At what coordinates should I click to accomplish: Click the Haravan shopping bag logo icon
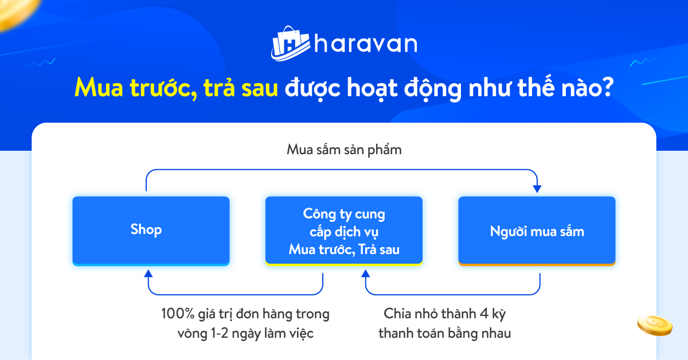pyautogui.click(x=290, y=44)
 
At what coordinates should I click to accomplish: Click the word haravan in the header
pyautogui.click(x=366, y=44)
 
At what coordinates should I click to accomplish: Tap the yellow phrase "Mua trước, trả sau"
pyautogui.click(x=177, y=88)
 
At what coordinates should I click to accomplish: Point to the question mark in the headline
pyautogui.click(x=607, y=87)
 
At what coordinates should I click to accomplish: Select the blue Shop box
pyautogui.click(x=151, y=230)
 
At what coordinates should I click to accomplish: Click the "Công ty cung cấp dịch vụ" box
pyautogui.click(x=344, y=230)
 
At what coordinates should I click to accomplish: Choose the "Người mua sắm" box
pyautogui.click(x=537, y=230)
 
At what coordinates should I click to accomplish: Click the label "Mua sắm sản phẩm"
pyautogui.click(x=344, y=150)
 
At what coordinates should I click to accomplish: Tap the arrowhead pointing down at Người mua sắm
pyautogui.click(x=537, y=189)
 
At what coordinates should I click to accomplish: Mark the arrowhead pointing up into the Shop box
pyautogui.click(x=148, y=273)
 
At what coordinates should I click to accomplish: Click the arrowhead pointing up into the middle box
pyautogui.click(x=366, y=273)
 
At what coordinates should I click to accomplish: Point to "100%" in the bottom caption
pyautogui.click(x=178, y=314)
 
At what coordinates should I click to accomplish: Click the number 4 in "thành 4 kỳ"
pyautogui.click(x=484, y=314)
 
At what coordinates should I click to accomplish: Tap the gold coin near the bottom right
pyautogui.click(x=655, y=326)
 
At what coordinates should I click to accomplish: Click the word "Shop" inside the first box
pyautogui.click(x=146, y=230)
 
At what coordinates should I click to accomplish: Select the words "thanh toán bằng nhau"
pyautogui.click(x=445, y=334)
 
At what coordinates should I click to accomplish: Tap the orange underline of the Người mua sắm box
pyautogui.click(x=537, y=264)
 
